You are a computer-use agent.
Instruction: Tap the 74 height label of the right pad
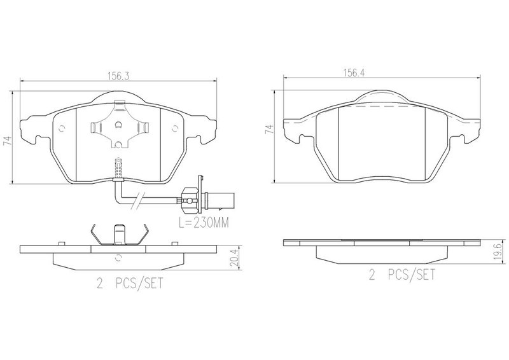coord(269,129)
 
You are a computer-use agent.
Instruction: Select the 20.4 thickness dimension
coord(234,257)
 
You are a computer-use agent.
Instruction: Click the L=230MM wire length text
coord(204,223)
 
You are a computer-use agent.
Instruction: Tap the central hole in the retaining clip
coord(118,124)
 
